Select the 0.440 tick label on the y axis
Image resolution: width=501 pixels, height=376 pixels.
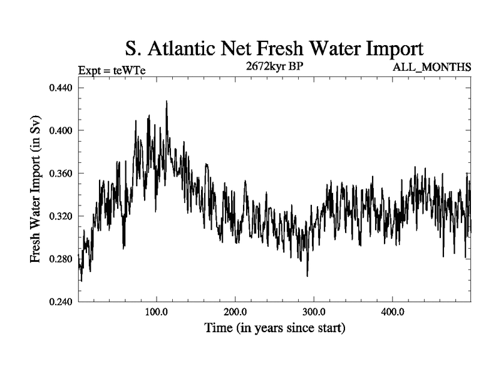(x=62, y=88)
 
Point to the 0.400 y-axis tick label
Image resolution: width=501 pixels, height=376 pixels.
(x=62, y=130)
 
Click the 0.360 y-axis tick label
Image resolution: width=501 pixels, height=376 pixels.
(x=62, y=173)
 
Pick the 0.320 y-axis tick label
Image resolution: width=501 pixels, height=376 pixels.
(x=62, y=216)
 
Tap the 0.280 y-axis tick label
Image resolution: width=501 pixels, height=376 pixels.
(x=62, y=259)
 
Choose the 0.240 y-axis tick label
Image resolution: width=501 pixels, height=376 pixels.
(x=62, y=301)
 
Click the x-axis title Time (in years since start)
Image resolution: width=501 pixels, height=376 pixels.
(x=274, y=328)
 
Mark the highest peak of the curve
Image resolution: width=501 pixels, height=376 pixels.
(x=167, y=101)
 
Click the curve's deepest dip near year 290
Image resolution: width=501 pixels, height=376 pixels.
(x=307, y=276)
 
